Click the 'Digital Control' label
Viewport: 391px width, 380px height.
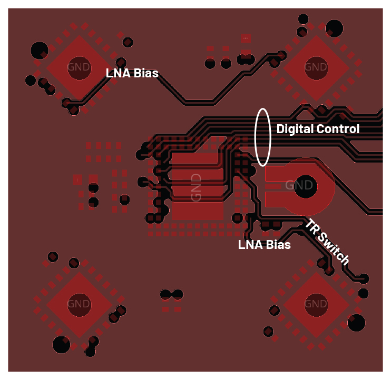pyautogui.click(x=318, y=129)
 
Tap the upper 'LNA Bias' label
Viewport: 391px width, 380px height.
pyautogui.click(x=132, y=73)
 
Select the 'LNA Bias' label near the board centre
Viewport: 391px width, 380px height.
pyautogui.click(x=264, y=245)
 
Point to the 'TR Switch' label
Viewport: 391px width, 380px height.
pyautogui.click(x=327, y=242)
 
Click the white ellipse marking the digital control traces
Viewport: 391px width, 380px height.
pyautogui.click(x=263, y=136)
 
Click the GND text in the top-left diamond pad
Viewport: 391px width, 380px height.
pyautogui.click(x=79, y=67)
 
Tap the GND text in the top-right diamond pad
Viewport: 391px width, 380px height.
pyautogui.click(x=316, y=67)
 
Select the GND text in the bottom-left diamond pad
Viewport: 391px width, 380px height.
pyautogui.click(x=79, y=304)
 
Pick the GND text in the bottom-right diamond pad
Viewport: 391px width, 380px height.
pyautogui.click(x=316, y=304)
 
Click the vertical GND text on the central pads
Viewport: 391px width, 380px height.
pyautogui.click(x=196, y=187)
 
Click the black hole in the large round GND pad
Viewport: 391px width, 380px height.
pyautogui.click(x=305, y=185)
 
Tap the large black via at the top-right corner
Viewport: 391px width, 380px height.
pyautogui.click(x=334, y=28)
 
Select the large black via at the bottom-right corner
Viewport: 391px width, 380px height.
pyautogui.click(x=357, y=322)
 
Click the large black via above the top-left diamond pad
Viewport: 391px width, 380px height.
pyautogui.click(x=40, y=50)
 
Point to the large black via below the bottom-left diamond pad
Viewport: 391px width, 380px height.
pyautogui.click(x=61, y=345)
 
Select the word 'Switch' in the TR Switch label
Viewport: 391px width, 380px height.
pyautogui.click(x=334, y=249)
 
